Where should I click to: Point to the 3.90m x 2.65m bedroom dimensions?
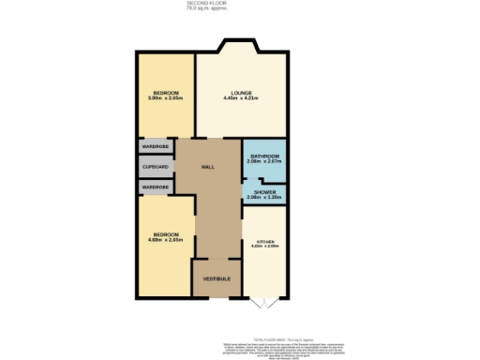167,97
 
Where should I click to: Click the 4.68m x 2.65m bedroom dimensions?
165,241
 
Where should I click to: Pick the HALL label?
210,167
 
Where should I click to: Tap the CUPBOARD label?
156,167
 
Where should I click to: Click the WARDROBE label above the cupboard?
156,147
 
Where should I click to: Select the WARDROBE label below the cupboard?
156,187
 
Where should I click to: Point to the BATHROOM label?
265,156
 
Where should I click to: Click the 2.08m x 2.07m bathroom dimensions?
265,161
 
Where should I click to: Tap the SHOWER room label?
265,192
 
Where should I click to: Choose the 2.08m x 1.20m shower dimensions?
265,198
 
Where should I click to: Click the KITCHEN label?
265,241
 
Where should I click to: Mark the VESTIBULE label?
217,278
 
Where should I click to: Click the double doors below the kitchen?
265,302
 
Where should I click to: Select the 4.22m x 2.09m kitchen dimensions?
265,247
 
